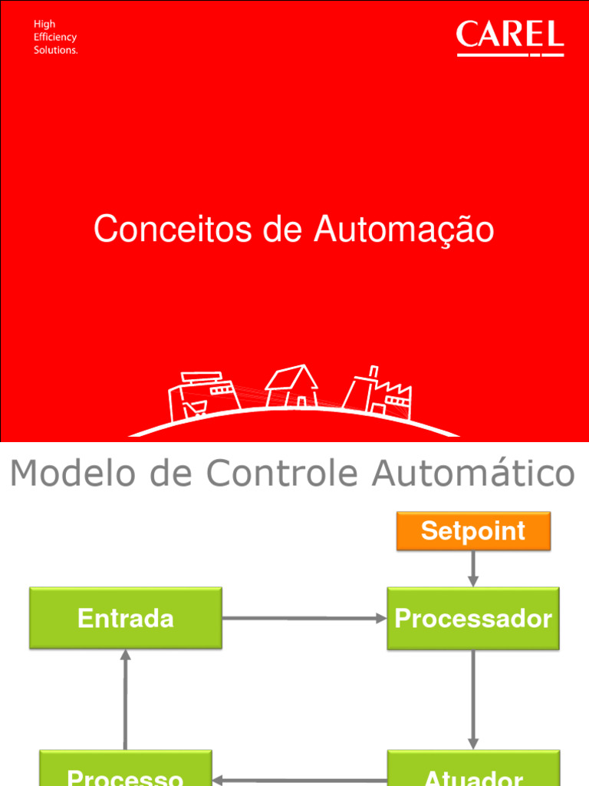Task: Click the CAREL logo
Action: point(510,38)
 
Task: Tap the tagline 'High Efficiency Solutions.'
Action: point(55,37)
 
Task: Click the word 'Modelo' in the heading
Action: point(65,474)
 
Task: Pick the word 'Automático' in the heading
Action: point(473,474)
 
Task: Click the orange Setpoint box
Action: point(473,531)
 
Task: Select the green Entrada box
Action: point(126,619)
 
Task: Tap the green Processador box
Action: point(473,619)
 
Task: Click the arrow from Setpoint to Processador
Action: point(473,569)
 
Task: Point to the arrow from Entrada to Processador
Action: point(304,619)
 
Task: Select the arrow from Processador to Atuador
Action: point(473,699)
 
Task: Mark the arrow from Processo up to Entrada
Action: point(126,699)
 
